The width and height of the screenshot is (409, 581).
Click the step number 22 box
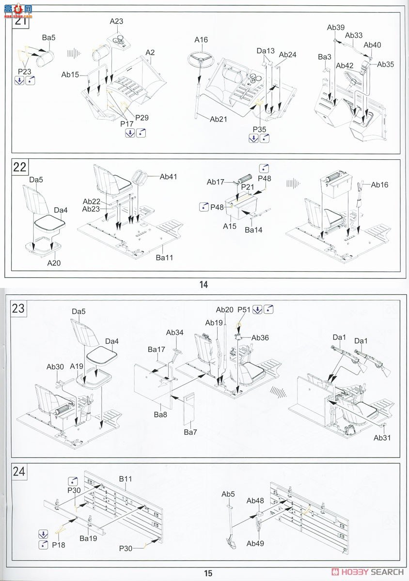[x=20, y=167]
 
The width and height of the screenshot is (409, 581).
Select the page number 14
[x=204, y=285]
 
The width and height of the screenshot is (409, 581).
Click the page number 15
[x=208, y=573]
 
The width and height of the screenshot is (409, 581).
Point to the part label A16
[x=201, y=40]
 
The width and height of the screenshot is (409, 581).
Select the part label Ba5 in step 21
[x=48, y=37]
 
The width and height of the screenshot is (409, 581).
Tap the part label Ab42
[x=345, y=65]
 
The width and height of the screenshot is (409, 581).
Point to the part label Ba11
[x=164, y=258]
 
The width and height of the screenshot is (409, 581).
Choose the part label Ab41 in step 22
[x=168, y=177]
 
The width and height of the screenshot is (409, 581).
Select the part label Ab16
[x=379, y=184]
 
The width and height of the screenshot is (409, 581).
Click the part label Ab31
[x=381, y=438]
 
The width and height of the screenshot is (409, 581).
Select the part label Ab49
[x=255, y=543]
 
